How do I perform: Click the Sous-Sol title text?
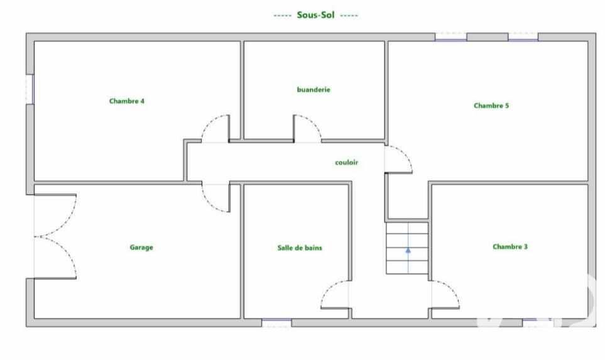315,15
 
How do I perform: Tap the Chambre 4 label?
126,101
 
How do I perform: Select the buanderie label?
313,89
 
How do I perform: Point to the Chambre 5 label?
491,106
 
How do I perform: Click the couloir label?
347,163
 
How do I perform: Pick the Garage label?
141,248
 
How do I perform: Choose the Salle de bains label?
300,248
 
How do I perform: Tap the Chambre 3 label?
510,246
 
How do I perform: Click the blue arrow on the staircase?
408,249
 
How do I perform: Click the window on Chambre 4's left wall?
30,89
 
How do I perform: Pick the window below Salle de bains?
276,322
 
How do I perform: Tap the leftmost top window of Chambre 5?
450,37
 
